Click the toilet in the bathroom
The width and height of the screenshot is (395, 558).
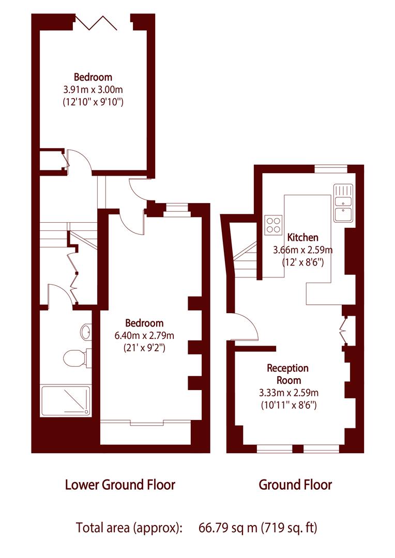(75, 358)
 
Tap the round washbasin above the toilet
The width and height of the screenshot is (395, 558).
(86, 332)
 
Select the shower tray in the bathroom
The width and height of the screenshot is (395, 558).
(66, 400)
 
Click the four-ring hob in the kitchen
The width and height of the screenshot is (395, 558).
(273, 224)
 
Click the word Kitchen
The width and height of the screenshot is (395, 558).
(303, 238)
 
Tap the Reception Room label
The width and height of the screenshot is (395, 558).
(287, 374)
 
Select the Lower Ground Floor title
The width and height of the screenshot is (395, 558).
(120, 485)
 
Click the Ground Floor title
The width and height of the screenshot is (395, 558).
(295, 485)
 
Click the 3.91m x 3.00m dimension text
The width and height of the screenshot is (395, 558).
(93, 89)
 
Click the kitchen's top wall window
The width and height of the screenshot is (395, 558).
(331, 168)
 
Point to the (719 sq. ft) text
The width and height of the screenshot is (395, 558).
(290, 528)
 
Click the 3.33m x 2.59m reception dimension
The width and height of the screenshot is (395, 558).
(288, 393)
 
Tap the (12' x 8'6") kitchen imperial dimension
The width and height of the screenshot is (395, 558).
(303, 262)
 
